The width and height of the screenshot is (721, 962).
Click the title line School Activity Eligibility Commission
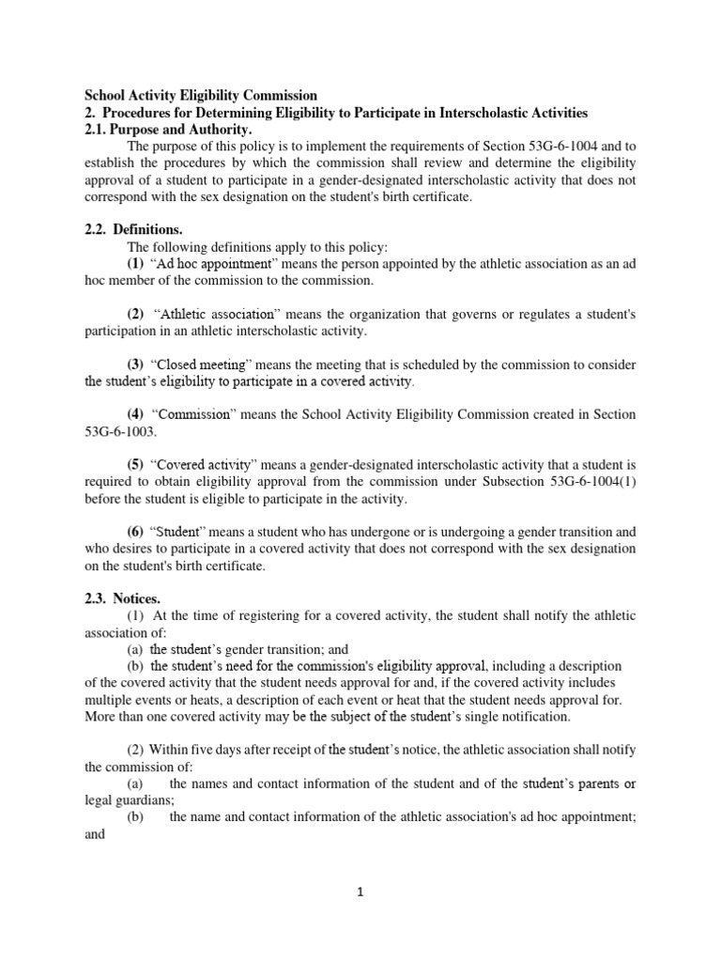(x=201, y=96)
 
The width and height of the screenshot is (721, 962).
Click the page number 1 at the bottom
(x=360, y=893)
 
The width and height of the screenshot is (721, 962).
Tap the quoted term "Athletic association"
(x=219, y=315)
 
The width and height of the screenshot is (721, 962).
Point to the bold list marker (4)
(x=136, y=415)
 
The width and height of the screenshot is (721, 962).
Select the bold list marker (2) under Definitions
(x=136, y=315)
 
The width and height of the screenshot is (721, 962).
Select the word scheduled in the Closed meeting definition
(x=428, y=365)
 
